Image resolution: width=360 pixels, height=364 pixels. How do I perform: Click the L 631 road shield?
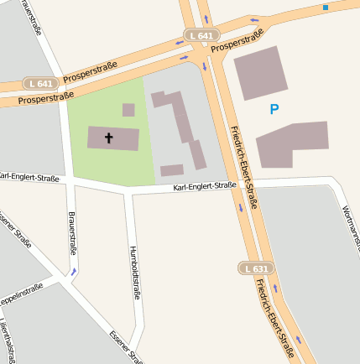coord(258,268)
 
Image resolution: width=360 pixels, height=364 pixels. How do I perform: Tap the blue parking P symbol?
coord(274,109)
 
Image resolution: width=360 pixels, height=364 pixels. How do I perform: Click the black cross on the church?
coord(108,138)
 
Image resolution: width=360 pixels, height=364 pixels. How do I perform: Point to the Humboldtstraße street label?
coord(133,273)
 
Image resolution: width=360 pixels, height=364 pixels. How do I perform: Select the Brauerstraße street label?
coord(72,233)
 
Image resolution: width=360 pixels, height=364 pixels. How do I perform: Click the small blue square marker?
coord(326,8)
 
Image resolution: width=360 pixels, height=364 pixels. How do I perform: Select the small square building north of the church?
coord(128,110)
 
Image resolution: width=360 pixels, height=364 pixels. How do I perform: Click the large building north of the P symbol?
coord(260,73)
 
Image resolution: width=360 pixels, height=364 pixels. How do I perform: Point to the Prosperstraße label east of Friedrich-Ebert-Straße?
coord(237,42)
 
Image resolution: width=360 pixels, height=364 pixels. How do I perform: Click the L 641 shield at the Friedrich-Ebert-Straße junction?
coord(203,36)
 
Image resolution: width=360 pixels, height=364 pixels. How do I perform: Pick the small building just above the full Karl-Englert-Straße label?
coord(172,170)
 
